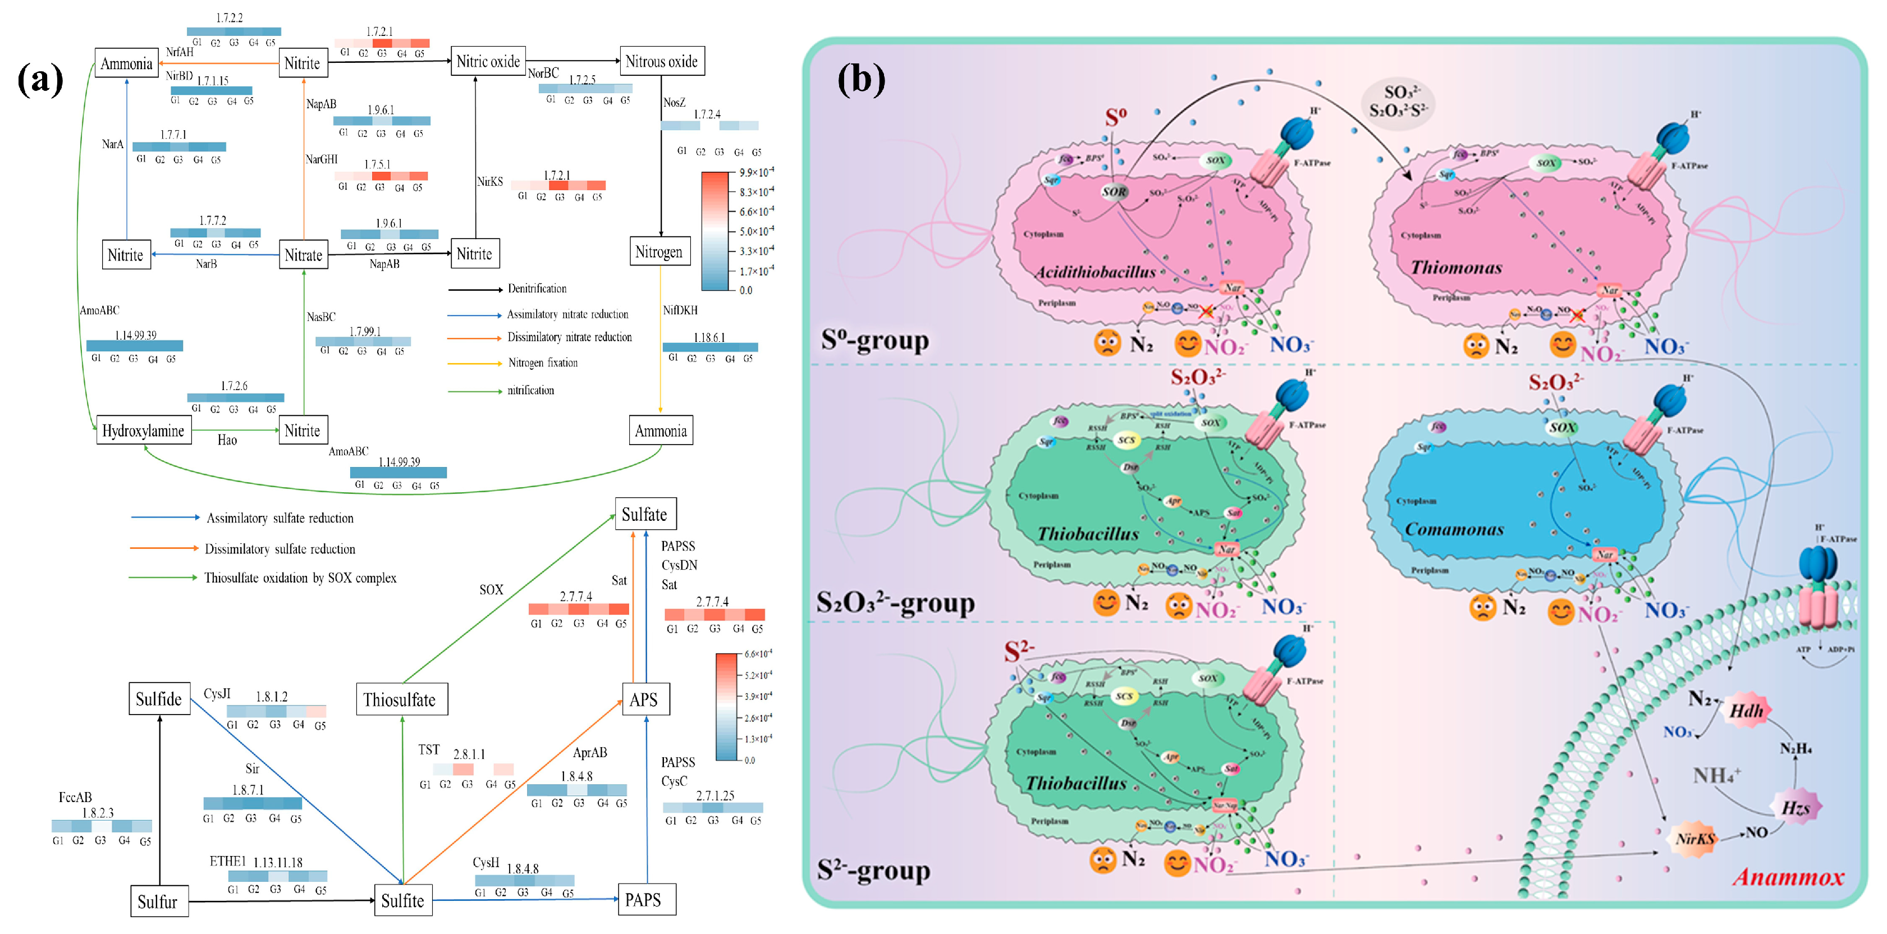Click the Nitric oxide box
pos(488,62)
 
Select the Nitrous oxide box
pos(662,62)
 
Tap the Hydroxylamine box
pos(144,431)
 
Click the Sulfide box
pos(159,699)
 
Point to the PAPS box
pos(643,900)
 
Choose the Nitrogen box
pos(658,252)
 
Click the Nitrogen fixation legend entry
pos(542,363)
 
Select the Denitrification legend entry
pos(537,289)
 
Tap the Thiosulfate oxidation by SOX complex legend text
pos(300,578)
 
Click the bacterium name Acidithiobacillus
pos(1095,272)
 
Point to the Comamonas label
pos(1454,529)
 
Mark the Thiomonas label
pos(1457,267)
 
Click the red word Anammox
pos(1788,877)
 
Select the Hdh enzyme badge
pos(1746,711)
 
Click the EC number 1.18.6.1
pos(709,338)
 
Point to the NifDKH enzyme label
pos(680,310)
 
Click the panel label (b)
pos(861,79)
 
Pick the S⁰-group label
pos(874,341)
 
